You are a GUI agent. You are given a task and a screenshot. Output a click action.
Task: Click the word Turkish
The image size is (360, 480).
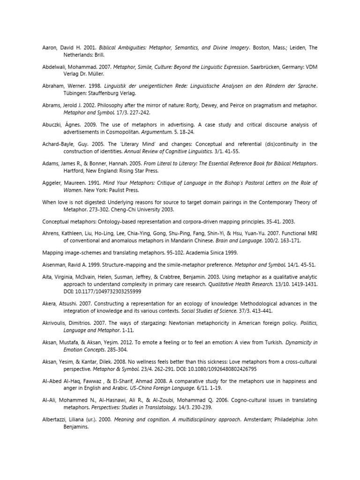(269, 342)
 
